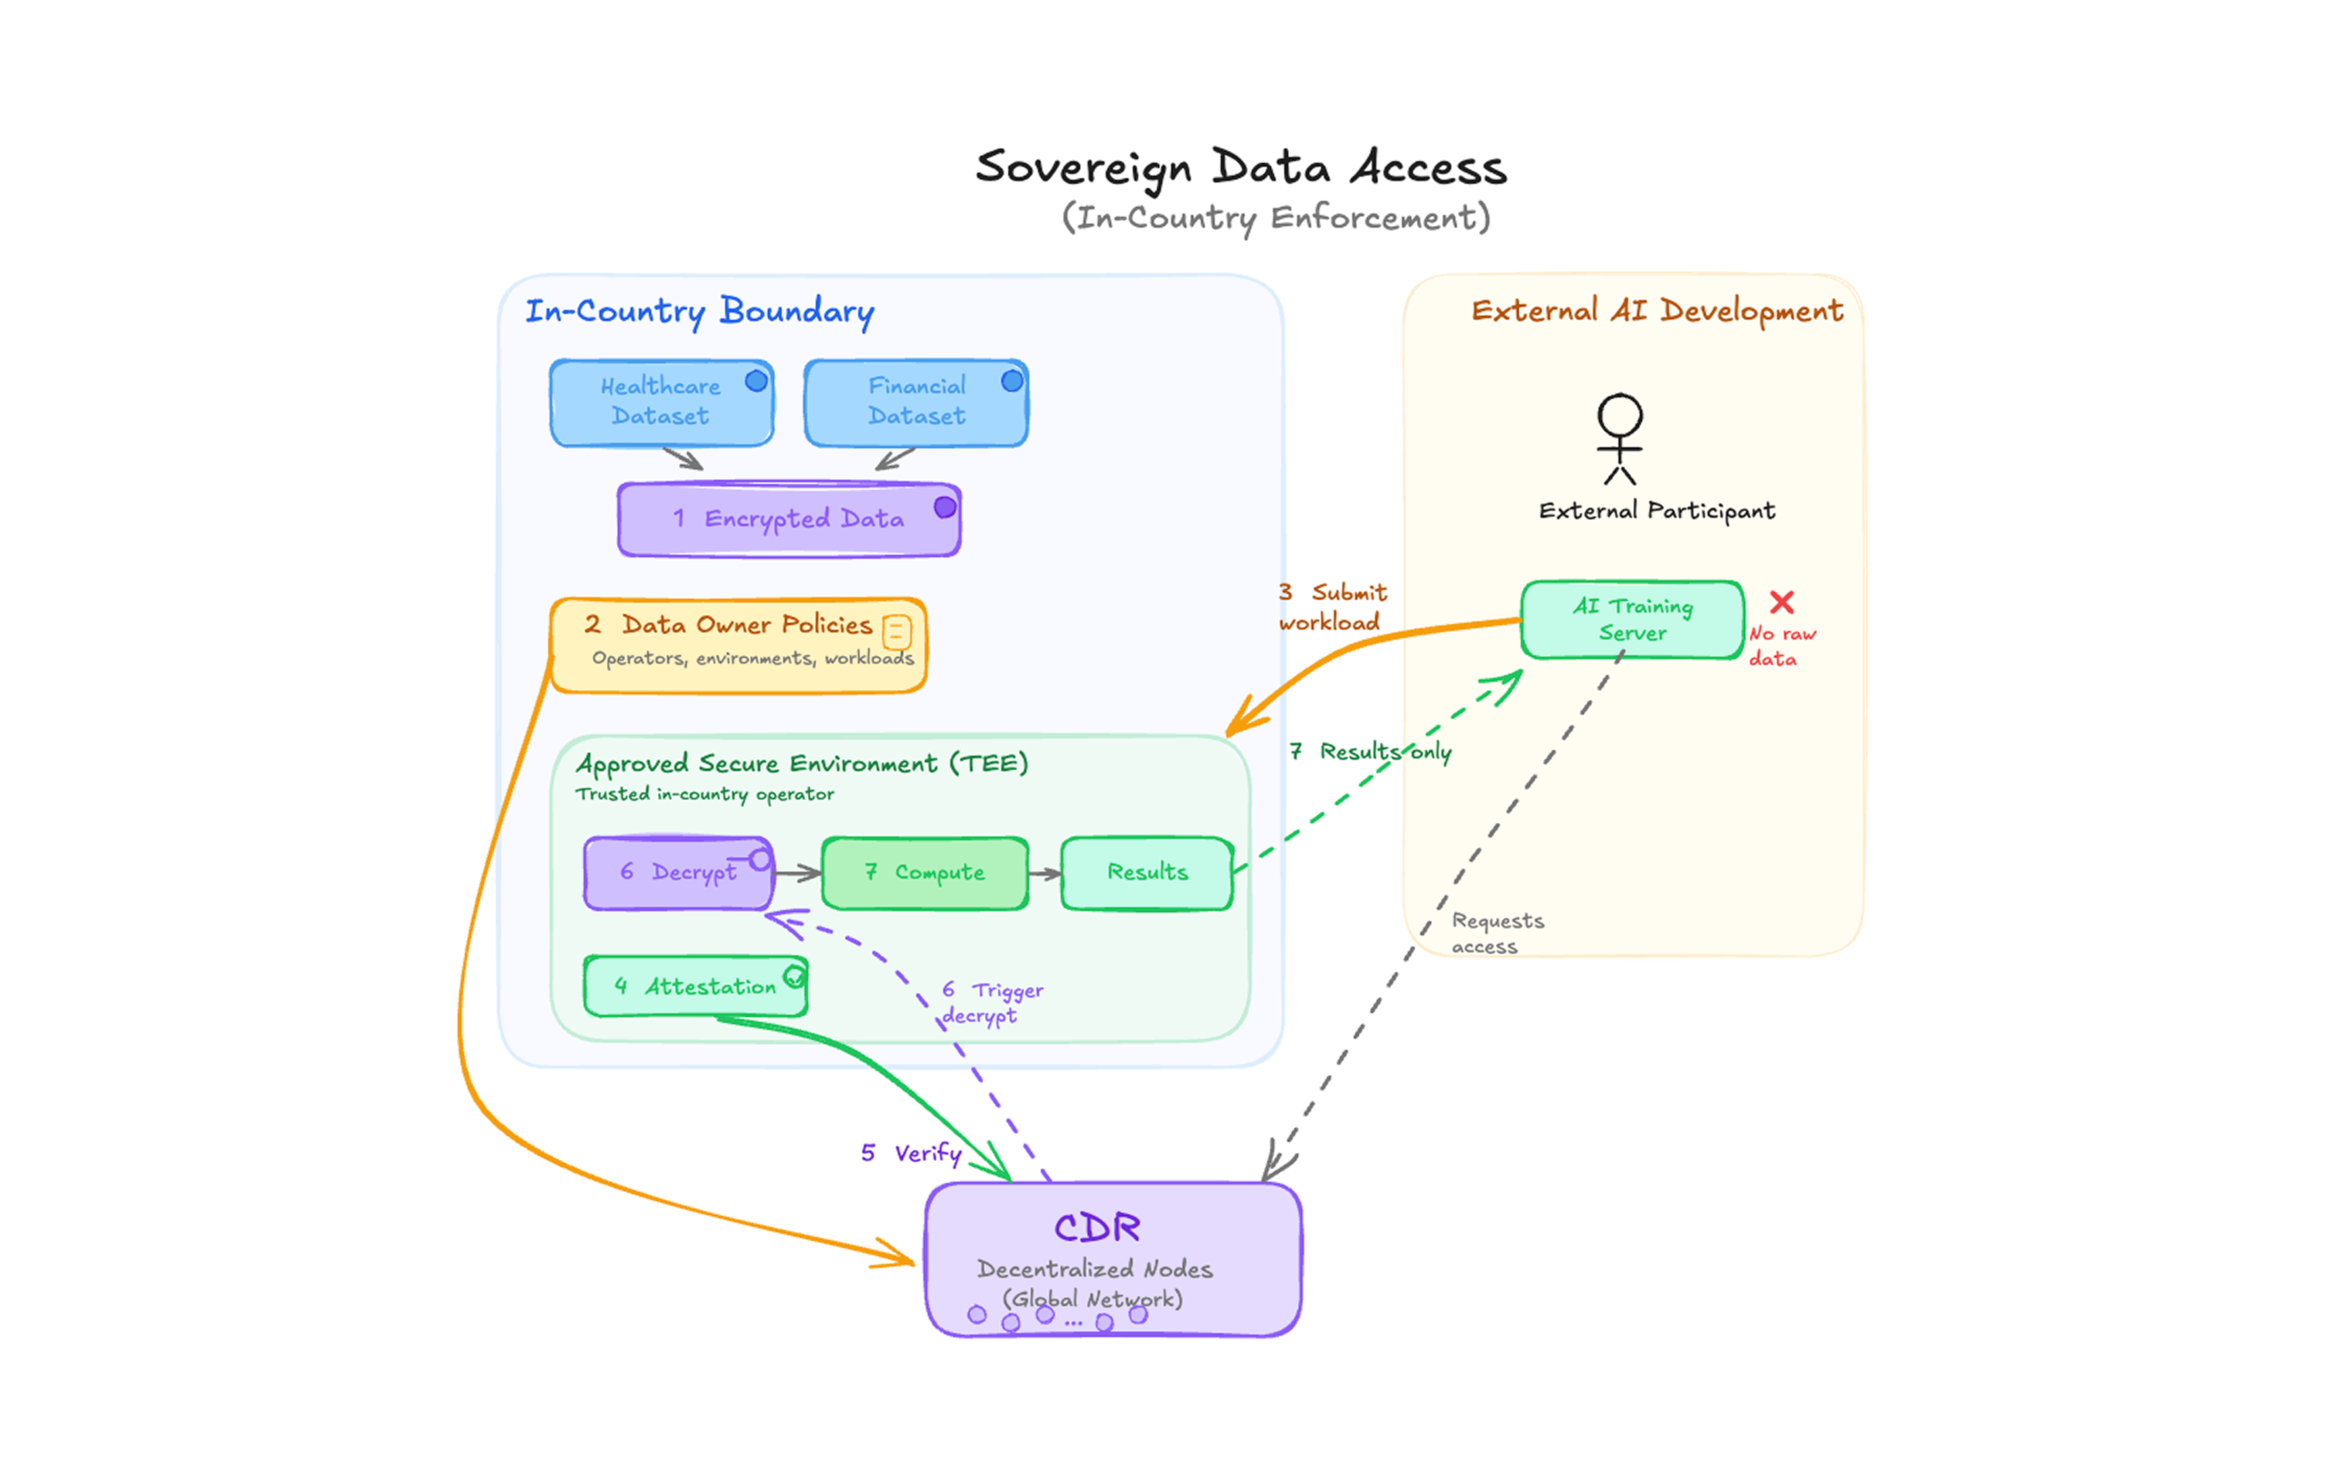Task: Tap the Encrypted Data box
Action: tap(789, 519)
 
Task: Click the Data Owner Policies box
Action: tap(739, 644)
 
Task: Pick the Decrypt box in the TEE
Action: tap(679, 873)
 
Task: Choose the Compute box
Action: tap(925, 873)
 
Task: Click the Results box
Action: tap(1147, 873)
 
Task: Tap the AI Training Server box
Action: tap(1633, 619)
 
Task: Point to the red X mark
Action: tap(1782, 602)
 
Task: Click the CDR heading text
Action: tap(1097, 1227)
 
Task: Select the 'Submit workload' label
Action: tap(1332, 607)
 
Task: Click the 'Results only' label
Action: tap(1371, 752)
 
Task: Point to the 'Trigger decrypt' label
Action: tap(992, 1002)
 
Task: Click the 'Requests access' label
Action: tap(1497, 933)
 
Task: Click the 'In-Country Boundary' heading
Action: tap(700, 312)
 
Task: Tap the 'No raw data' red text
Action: tap(1782, 646)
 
